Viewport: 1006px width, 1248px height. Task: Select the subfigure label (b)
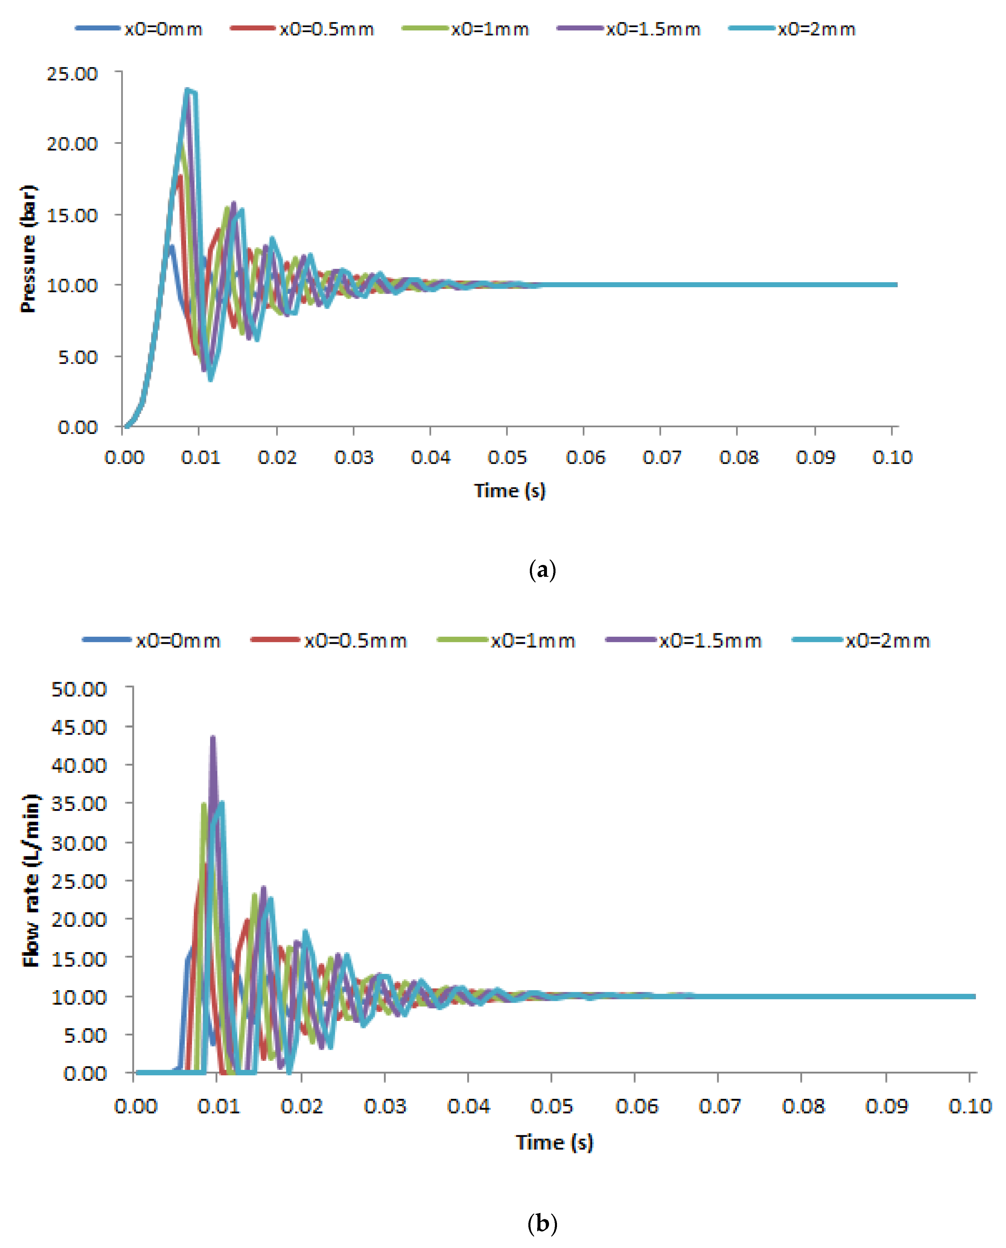(x=543, y=1224)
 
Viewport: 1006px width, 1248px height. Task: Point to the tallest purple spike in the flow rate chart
(x=213, y=738)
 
